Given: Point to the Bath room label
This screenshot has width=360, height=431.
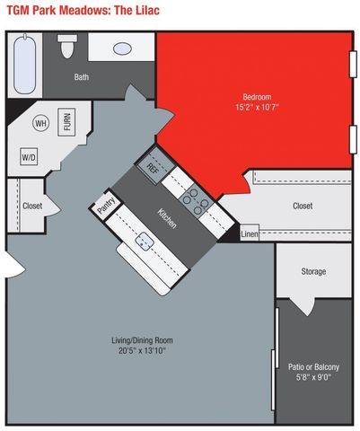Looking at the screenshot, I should (82, 77).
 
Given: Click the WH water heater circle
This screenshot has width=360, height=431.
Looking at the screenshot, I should (40, 123).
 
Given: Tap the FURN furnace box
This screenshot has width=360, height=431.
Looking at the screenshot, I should (67, 122).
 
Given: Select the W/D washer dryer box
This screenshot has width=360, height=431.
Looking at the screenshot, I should (29, 156).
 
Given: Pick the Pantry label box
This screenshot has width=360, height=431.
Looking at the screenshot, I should (106, 203).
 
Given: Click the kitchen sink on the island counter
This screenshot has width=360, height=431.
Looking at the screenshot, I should (144, 241).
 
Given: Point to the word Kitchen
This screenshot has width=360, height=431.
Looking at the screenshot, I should (167, 218).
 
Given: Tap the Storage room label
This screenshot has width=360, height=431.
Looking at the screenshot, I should (313, 271).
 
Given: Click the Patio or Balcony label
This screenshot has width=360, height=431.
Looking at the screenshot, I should (313, 366).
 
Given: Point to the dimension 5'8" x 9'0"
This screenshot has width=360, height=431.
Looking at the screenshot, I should (313, 378).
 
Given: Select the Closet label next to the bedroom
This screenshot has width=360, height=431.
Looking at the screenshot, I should (303, 206).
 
